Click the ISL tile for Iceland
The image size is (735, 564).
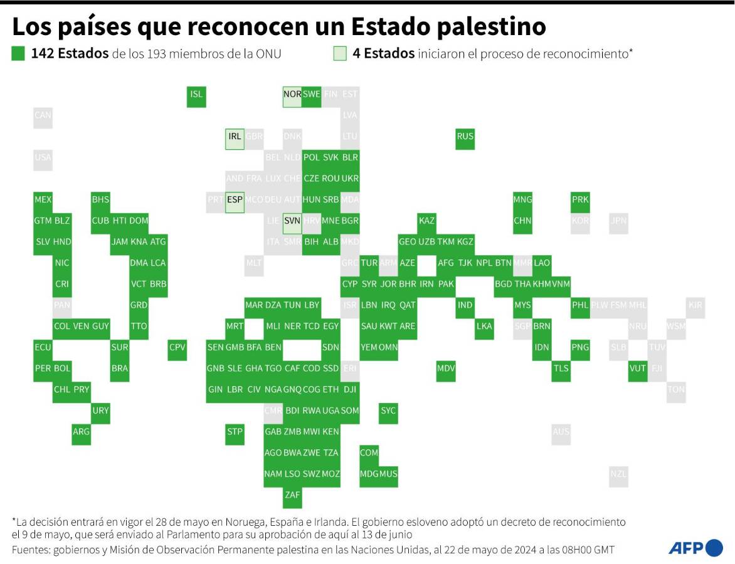[x=196, y=95]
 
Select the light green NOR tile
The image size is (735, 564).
[x=292, y=95]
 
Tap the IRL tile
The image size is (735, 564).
[x=235, y=137]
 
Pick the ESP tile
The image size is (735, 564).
[x=235, y=200]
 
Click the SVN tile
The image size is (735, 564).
[x=292, y=221]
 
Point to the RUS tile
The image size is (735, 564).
[x=465, y=137]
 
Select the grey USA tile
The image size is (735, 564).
[x=43, y=158]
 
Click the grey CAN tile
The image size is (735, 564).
[x=43, y=115]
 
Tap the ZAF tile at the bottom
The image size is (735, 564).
[x=292, y=495]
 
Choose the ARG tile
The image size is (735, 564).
[x=81, y=432]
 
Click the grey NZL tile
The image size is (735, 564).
[x=618, y=474]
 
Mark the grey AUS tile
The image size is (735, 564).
[x=561, y=432]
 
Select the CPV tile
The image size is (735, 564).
[x=177, y=348]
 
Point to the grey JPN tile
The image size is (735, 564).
[x=618, y=221]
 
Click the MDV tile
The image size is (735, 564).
[x=446, y=368]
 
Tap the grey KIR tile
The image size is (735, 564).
[x=695, y=306]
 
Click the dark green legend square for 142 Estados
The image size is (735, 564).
[x=18, y=54]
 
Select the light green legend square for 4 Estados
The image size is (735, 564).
[x=340, y=54]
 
